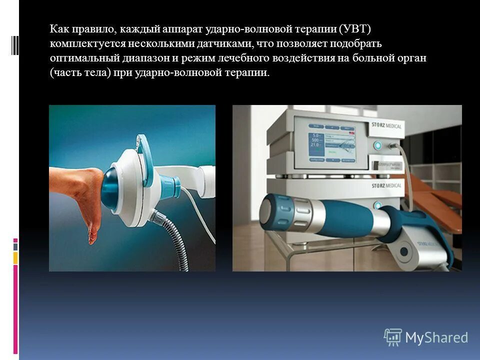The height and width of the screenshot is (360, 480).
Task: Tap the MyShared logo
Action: (425, 337)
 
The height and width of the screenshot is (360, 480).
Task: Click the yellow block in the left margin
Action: (15, 257)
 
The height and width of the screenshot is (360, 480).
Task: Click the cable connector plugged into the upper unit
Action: (395, 146)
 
